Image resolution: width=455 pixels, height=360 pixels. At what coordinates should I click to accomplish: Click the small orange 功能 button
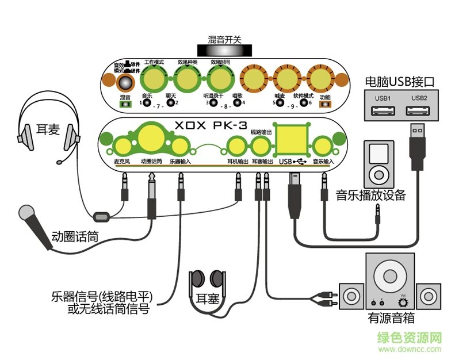click(x=325, y=105)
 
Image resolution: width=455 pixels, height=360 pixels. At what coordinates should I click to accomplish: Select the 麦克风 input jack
click(x=122, y=145)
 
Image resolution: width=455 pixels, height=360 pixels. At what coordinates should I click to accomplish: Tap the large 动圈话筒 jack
click(x=151, y=138)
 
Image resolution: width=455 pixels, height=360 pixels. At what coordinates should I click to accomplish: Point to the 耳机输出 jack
click(x=236, y=145)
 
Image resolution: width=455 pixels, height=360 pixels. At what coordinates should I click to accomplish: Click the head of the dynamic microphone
click(x=27, y=214)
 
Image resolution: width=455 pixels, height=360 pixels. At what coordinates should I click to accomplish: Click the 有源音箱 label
click(x=391, y=318)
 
